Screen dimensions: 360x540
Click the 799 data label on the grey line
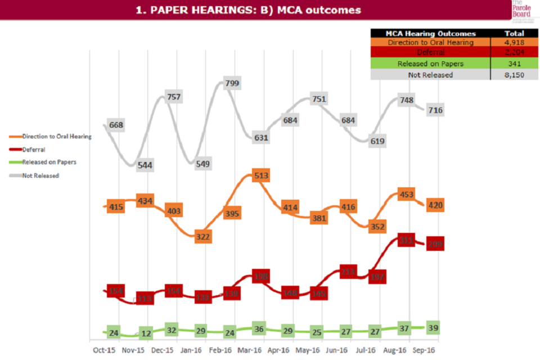pos(232,83)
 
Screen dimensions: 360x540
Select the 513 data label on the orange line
pos(260,175)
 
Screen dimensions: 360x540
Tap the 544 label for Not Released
pos(145,165)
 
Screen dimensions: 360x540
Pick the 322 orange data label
pos(202,237)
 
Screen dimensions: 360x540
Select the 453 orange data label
pos(406,195)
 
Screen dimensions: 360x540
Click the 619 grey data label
pos(377,141)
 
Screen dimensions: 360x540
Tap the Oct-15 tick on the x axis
pos(104,350)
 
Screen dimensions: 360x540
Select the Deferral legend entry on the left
pos(34,150)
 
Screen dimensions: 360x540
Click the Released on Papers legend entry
pos(49,162)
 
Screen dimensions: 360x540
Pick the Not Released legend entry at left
pos(40,175)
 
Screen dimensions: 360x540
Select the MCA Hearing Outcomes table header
pos(430,33)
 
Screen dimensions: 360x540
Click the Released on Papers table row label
pos(430,64)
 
